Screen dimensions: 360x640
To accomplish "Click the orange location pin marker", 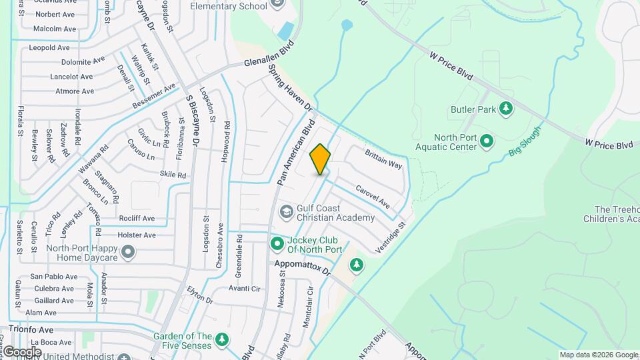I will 321,159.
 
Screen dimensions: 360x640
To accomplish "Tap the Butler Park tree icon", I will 506,107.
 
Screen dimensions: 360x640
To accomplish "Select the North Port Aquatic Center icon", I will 487,141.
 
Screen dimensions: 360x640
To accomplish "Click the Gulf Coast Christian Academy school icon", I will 286,212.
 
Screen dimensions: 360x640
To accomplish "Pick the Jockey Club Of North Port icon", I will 277,245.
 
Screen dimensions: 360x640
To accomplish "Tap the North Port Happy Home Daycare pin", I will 128,253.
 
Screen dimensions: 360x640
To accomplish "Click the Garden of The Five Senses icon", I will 222,340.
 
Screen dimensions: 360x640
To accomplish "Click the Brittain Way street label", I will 383,159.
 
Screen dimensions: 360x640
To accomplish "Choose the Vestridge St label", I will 390,237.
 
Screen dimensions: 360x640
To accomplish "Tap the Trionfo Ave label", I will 31,329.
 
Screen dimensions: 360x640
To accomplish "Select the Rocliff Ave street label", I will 136,218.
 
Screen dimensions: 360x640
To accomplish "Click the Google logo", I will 22,351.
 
